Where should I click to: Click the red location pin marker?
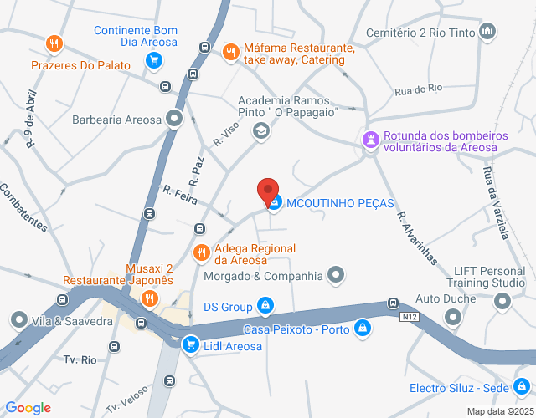tap(268, 191)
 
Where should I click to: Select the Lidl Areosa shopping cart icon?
tap(191, 344)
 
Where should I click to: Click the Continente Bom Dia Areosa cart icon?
tap(153, 59)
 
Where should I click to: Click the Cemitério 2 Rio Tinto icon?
tap(488, 33)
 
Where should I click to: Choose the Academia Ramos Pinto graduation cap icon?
tap(261, 130)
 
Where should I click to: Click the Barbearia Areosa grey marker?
tap(174, 119)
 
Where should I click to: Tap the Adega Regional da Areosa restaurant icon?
tap(201, 252)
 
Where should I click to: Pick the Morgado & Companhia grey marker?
tap(336, 275)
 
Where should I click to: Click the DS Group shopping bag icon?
tap(265, 306)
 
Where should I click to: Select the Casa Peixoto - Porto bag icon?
tap(362, 329)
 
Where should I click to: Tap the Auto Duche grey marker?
tap(453, 317)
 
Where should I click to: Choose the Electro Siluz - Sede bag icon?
tap(523, 387)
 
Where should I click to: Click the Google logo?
tap(27, 408)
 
